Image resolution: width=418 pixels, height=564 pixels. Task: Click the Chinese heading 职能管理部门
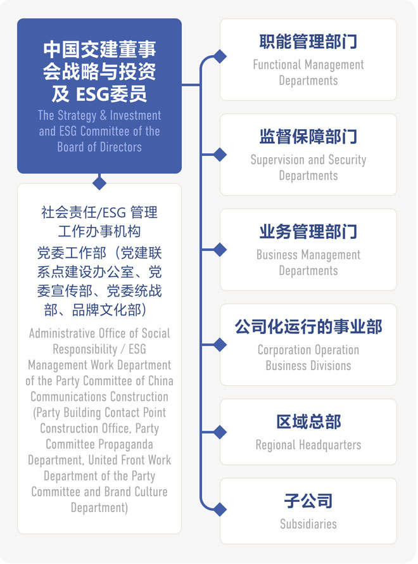308,42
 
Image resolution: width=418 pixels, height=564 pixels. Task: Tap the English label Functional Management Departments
308,72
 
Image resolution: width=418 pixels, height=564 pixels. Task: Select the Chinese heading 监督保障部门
308,136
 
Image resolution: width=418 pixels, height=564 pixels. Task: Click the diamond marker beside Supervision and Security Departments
220,154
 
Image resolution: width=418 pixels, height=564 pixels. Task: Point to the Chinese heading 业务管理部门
308,231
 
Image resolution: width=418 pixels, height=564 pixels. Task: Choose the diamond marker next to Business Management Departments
220,249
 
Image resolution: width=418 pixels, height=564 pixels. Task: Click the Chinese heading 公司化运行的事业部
308,326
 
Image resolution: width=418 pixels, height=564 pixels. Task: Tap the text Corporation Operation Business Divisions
308,357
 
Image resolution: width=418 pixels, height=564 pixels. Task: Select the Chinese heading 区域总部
308,421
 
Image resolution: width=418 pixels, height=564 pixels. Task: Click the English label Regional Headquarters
308,445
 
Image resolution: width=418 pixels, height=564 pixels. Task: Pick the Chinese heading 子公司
308,501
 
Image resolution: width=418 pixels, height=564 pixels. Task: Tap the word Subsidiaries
308,524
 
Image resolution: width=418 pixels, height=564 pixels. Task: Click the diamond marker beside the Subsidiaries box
220,509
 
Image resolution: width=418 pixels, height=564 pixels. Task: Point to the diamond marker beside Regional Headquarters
220,432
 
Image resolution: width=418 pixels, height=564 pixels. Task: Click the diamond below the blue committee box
99,183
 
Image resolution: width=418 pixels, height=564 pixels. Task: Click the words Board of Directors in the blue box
99,147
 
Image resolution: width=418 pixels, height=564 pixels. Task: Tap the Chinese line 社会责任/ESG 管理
99,212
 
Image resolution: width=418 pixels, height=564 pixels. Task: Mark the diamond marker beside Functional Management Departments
220,56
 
